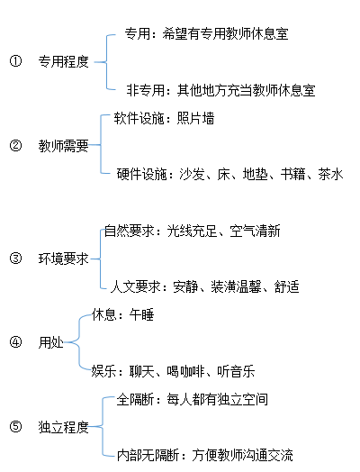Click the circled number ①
point(15,61)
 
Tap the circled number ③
point(15,259)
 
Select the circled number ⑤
point(15,427)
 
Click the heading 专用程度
point(64,62)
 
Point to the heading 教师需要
point(64,146)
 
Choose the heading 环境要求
point(64,259)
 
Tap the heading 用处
point(50,342)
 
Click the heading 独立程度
point(64,427)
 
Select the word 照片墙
point(195,118)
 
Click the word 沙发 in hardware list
point(192,174)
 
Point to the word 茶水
point(331,174)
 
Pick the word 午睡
point(141,315)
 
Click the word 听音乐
point(236,371)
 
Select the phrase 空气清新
point(255,231)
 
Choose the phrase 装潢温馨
point(236,286)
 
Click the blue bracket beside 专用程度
point(106,62)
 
